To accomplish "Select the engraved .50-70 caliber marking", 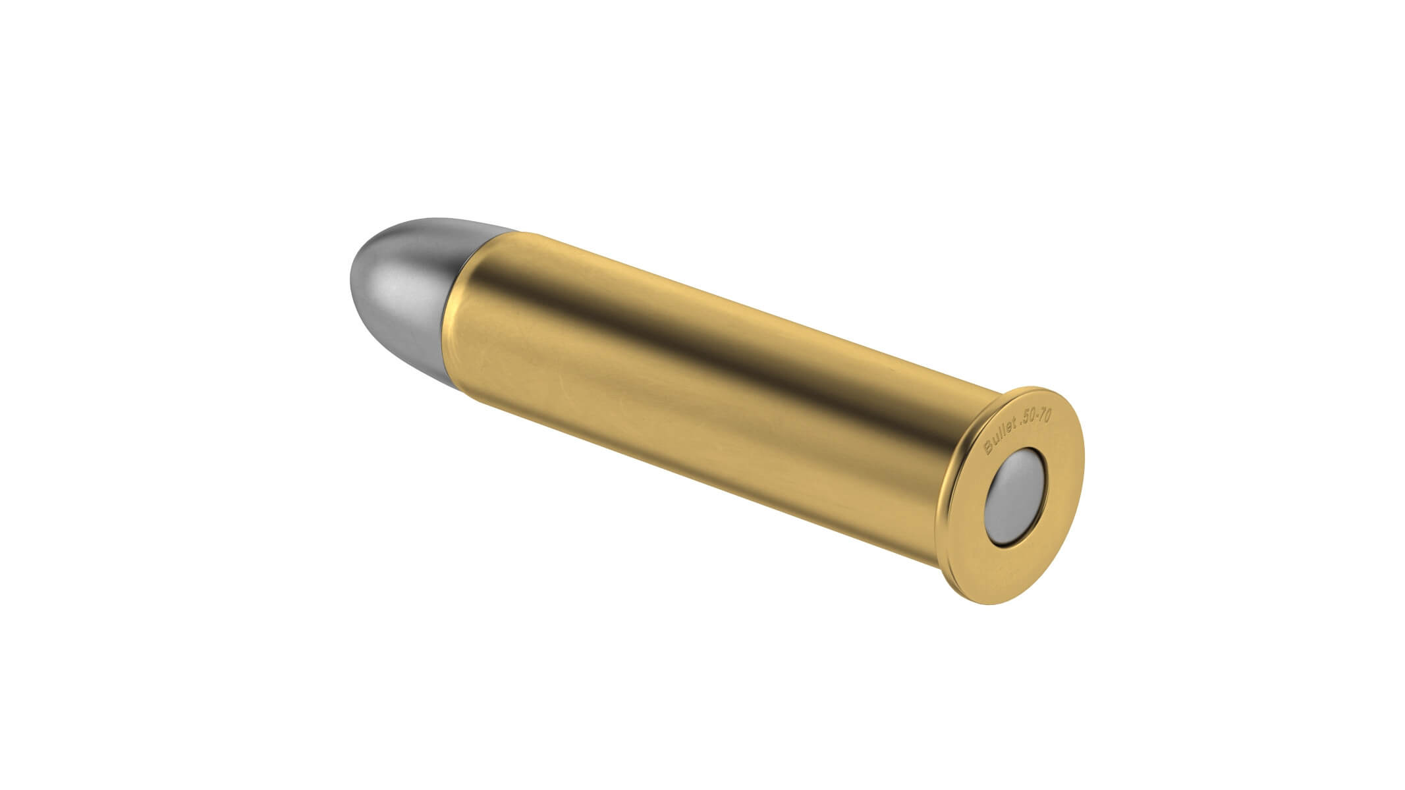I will click(1035, 417).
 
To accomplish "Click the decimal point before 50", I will click(1021, 424).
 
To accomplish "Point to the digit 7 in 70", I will click(1043, 415).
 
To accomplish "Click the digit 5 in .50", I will click(1026, 420).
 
